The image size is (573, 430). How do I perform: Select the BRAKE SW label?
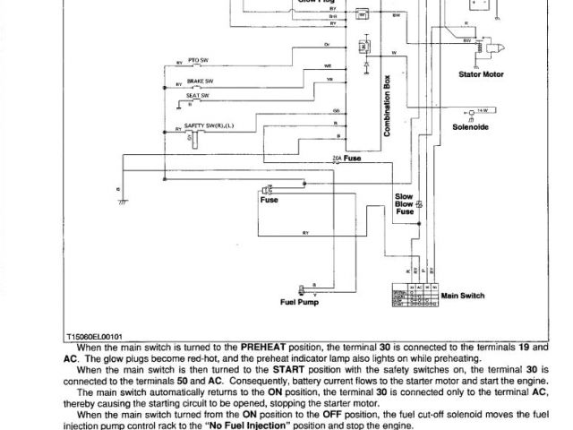pos(199,79)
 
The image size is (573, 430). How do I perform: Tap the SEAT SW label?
pos(198,94)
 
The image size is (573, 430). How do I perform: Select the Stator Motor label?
pos(481,74)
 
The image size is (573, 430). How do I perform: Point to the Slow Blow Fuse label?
pos(405,203)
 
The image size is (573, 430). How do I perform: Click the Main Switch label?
pos(462,294)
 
